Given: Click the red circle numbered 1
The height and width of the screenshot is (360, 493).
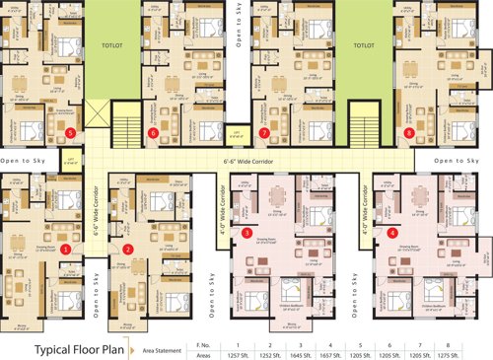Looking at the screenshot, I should pyautogui.click(x=65, y=251).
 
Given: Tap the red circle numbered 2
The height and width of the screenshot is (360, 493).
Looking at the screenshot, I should pyautogui.click(x=128, y=251).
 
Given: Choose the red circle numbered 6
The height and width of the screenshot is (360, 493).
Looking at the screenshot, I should pyautogui.click(x=152, y=131).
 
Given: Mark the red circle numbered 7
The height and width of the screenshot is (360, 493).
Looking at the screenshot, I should pyautogui.click(x=263, y=131).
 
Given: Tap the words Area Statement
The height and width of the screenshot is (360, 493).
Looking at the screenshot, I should pyautogui.click(x=163, y=323).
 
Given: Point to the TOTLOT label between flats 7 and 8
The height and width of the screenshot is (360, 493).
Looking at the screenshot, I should pyautogui.click(x=365, y=43).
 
